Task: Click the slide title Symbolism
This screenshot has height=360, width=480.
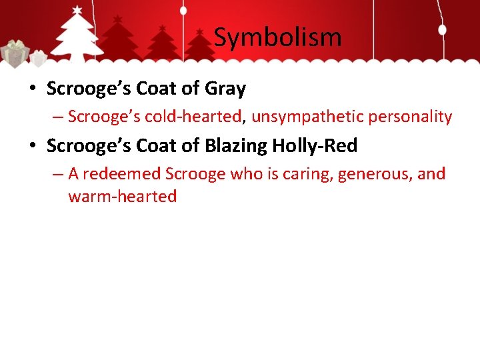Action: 277,37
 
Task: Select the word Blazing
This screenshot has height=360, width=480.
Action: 237,145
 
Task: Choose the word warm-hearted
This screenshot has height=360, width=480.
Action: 122,197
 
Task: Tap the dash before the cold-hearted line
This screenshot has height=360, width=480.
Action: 58,117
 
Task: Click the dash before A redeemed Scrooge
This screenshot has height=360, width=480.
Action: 58,175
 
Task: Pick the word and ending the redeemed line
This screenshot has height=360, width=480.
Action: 431,174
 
